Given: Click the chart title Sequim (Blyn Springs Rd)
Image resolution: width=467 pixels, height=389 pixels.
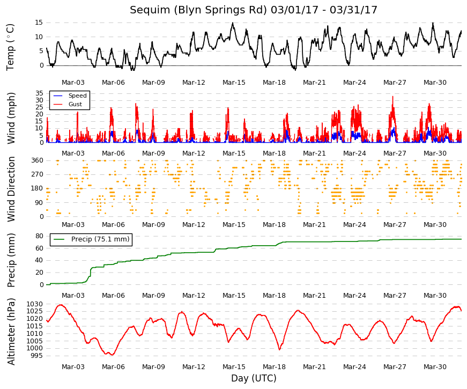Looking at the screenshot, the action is [x=198, y=10].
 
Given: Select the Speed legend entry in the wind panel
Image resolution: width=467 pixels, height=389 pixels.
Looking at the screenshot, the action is [x=77, y=96].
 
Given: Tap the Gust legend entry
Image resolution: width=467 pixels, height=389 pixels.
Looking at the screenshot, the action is [x=75, y=104].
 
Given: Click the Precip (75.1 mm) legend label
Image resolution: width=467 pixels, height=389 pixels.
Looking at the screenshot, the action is [x=100, y=239].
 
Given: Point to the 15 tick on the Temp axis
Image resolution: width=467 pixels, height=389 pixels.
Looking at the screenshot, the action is [x=39, y=23].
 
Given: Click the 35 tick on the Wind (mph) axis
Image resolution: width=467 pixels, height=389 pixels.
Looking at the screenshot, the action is [x=39, y=93].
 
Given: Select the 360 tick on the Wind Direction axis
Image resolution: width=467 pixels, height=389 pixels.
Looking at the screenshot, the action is [x=38, y=160].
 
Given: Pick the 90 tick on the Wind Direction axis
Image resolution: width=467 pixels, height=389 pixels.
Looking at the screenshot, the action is [x=39, y=203].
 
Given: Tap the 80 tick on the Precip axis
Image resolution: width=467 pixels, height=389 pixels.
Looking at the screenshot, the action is [x=39, y=236].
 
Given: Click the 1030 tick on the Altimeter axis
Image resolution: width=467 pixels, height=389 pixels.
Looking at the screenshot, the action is [x=34, y=304].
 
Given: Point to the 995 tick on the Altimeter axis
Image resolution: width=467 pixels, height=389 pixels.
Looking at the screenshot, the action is [x=36, y=356].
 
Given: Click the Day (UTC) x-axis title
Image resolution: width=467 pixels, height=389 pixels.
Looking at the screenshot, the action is [x=254, y=378].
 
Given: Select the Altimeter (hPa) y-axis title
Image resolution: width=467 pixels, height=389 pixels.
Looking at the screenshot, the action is [x=11, y=332].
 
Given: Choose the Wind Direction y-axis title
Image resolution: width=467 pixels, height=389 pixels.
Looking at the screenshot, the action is [x=11, y=189].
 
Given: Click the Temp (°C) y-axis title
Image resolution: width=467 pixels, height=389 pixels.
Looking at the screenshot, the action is [x=10, y=47].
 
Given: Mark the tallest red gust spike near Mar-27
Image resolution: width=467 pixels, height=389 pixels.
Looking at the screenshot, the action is [x=393, y=97].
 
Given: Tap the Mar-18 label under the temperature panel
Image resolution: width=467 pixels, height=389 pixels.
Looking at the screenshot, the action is [x=274, y=83].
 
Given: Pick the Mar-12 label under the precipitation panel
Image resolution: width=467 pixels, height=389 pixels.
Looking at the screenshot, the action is [x=194, y=296].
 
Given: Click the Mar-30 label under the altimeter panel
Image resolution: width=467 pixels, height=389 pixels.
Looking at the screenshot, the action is [x=435, y=367].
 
